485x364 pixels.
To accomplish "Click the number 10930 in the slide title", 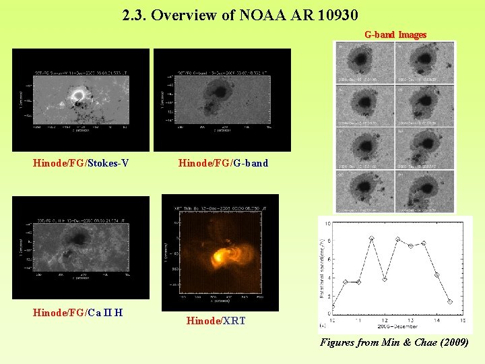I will (334, 14).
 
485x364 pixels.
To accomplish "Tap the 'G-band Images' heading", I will (395, 34).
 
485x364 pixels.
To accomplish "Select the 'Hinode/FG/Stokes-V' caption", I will (81, 162).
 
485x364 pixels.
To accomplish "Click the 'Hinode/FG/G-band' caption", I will (223, 162).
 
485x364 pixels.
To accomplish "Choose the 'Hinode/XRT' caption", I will (216, 322).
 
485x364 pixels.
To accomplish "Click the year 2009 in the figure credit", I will (455, 343).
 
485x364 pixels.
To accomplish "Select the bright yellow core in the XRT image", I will (220, 256).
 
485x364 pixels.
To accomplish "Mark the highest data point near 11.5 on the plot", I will (371, 239).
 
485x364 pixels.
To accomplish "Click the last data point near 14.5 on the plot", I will (449, 301).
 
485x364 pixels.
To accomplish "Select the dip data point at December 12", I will (384, 278).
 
